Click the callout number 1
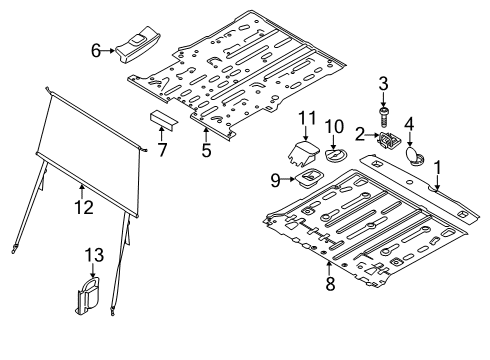[436, 156]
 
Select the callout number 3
[382, 81]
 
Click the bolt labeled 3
[382, 108]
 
